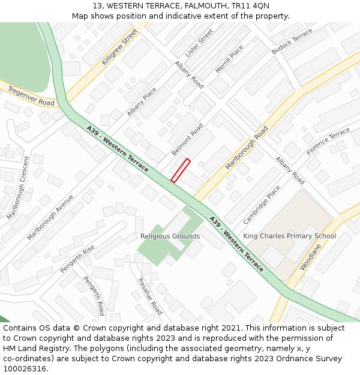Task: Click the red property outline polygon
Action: click(181, 170)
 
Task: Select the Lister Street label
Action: click(199, 43)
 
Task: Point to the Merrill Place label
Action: click(229, 59)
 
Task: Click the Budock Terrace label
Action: click(292, 41)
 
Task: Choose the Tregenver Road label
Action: click(31, 95)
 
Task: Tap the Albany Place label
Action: click(142, 102)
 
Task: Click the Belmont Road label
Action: click(187, 139)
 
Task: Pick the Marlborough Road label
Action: click(247, 148)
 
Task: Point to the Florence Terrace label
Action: click(328, 142)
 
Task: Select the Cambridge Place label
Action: click(262, 205)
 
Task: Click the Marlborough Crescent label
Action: click(17, 187)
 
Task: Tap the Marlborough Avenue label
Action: click(50, 217)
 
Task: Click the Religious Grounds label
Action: click(170, 236)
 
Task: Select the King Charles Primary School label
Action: click(289, 236)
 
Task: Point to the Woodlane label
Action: click(311, 256)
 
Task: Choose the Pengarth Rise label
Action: click(77, 259)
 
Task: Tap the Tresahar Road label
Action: click(149, 296)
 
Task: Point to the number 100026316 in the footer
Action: click(24, 368)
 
